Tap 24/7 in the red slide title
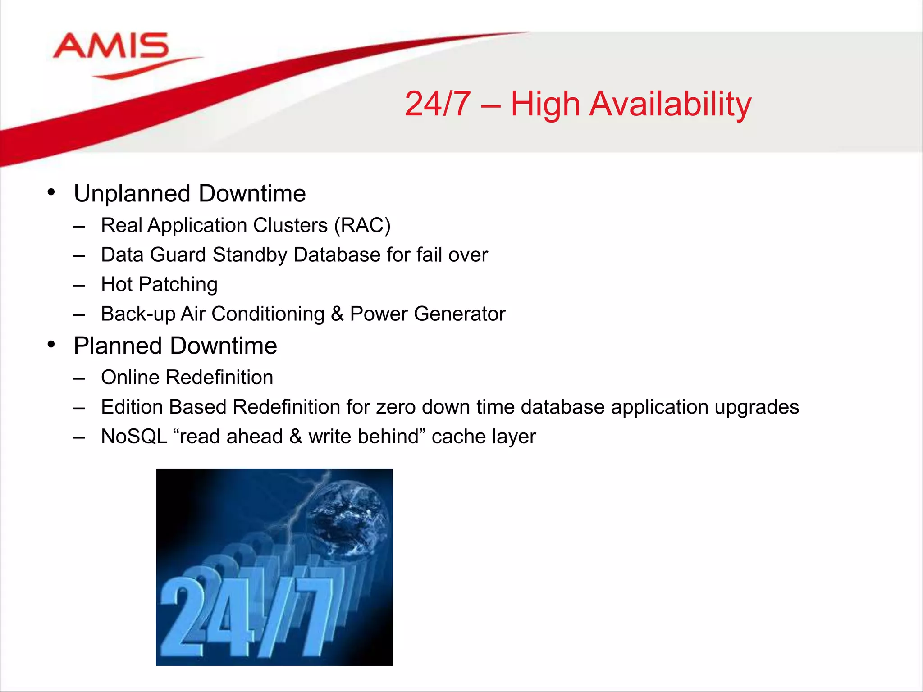click(438, 105)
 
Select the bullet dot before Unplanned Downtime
click(51, 192)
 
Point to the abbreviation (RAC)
click(362, 225)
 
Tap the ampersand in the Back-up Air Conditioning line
click(337, 314)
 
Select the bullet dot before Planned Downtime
click(51, 345)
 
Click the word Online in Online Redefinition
click(130, 378)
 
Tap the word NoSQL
click(134, 437)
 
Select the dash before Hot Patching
click(79, 285)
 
